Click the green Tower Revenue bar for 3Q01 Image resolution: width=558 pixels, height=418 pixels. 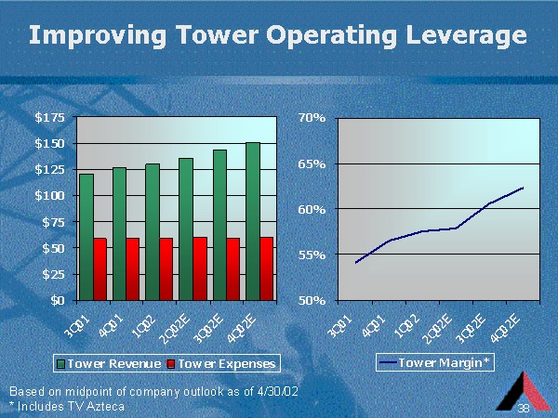[x=86, y=237]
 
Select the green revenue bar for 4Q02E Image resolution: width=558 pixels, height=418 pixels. [x=253, y=221]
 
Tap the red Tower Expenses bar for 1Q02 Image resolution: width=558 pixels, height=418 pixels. [x=166, y=269]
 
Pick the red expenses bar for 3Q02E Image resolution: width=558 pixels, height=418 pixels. [x=233, y=269]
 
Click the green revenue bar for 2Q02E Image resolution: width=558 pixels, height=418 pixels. [x=186, y=229]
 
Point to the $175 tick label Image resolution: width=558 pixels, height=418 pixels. [x=50, y=117]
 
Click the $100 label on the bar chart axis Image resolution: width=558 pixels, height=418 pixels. [x=50, y=195]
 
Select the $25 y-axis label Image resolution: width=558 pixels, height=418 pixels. [x=53, y=274]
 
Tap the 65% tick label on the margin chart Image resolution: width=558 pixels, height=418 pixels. [x=312, y=164]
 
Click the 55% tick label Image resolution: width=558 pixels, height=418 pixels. [x=312, y=255]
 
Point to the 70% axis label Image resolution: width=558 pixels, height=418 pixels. [x=312, y=117]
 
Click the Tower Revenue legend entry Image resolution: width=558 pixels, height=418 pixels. [x=109, y=363]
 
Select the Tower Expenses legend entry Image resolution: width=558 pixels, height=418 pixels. [x=221, y=363]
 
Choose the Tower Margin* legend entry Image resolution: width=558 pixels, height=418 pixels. [x=435, y=362]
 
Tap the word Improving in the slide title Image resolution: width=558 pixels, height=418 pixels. [x=98, y=36]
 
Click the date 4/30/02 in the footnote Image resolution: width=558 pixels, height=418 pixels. [x=277, y=391]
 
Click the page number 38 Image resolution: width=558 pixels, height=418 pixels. [x=524, y=408]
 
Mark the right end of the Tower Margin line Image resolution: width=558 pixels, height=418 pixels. [x=523, y=188]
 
